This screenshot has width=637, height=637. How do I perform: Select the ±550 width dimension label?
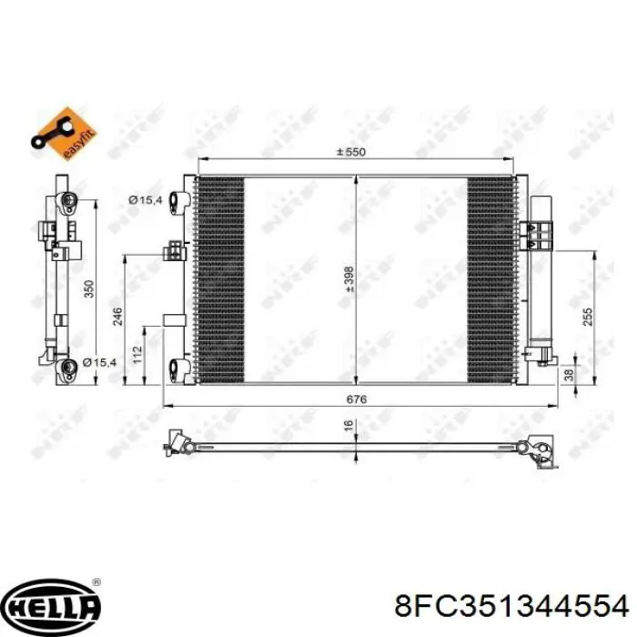click(x=350, y=152)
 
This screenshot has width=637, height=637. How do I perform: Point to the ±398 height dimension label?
click(x=349, y=277)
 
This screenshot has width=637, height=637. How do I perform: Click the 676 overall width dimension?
click(x=356, y=399)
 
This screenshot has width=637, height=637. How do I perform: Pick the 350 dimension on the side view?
click(x=88, y=288)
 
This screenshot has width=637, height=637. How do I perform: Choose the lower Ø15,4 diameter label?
click(x=100, y=363)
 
